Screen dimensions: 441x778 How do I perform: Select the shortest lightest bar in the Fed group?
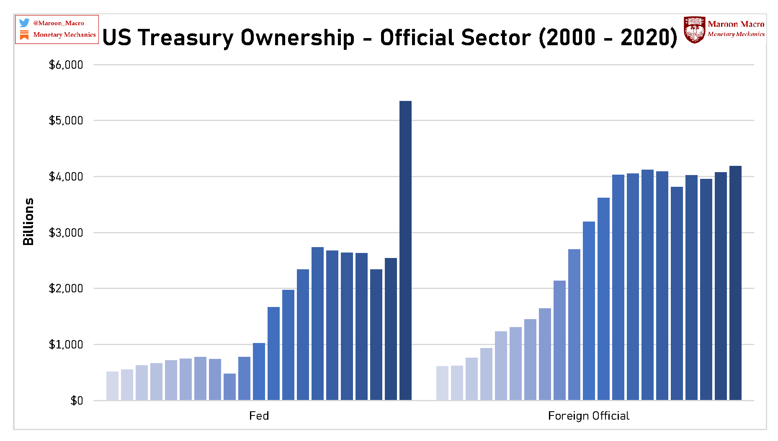[112, 386]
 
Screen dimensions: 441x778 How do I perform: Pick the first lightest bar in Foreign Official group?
[442, 383]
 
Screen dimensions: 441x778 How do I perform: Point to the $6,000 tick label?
[66, 65]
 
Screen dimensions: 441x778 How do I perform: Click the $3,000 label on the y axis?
[66, 233]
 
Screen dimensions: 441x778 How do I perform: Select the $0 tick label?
[77, 401]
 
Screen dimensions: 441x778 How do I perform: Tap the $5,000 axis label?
[66, 121]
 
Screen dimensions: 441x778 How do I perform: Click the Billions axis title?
[28, 222]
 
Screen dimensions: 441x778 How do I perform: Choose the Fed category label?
[259, 416]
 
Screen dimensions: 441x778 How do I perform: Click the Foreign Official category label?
[588, 416]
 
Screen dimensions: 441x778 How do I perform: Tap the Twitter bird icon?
[24, 23]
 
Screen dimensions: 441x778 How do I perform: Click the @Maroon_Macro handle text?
[59, 23]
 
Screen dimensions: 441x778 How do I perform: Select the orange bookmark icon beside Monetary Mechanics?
[24, 35]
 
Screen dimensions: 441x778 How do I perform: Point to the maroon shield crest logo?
[694, 30]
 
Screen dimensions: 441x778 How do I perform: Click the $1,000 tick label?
[66, 345]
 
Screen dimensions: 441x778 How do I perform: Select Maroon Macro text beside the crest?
[736, 24]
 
